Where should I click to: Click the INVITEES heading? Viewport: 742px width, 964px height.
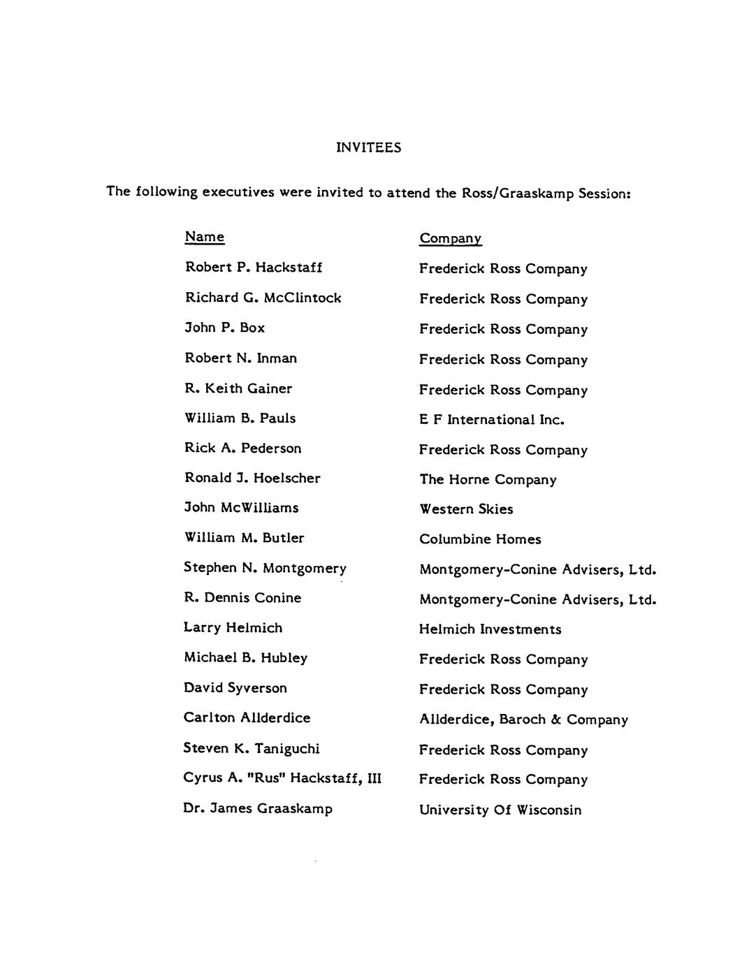click(368, 147)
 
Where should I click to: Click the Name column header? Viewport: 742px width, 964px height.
click(204, 237)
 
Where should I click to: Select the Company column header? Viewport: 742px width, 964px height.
click(450, 239)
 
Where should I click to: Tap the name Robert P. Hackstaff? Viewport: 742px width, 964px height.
click(253, 268)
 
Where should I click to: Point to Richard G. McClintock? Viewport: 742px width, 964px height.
click(263, 298)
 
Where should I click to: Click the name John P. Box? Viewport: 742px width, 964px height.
click(224, 328)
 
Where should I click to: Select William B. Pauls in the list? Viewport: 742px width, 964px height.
click(240, 418)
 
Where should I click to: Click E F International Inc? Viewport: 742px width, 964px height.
click(491, 420)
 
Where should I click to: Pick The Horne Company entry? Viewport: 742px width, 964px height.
click(488, 480)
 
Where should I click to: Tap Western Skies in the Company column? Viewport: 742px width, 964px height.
click(466, 509)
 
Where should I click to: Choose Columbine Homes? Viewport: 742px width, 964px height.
click(480, 539)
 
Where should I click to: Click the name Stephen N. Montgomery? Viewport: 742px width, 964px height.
click(265, 568)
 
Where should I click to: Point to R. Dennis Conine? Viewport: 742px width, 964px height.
click(242, 598)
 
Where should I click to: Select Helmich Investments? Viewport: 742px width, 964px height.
click(490, 629)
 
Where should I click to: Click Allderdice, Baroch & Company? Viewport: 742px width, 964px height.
click(523, 720)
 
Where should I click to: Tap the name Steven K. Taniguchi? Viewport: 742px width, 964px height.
click(252, 749)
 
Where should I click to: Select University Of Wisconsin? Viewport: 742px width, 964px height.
click(500, 810)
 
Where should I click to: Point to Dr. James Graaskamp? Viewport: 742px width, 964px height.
click(258, 809)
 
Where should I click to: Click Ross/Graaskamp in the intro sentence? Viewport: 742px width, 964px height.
click(518, 193)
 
